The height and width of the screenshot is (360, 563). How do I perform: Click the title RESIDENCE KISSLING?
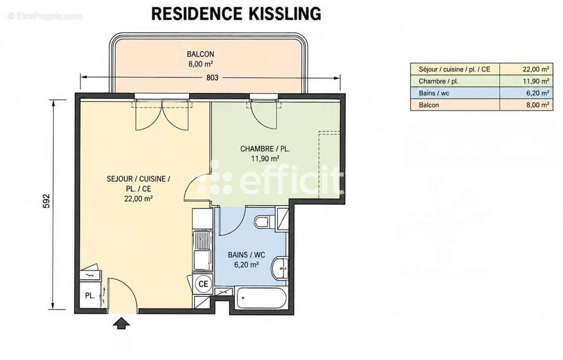click(x=236, y=14)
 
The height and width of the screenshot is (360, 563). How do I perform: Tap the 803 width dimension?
click(x=213, y=78)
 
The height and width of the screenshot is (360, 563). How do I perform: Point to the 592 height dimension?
click(x=46, y=201)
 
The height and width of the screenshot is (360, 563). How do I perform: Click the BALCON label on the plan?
click(x=200, y=54)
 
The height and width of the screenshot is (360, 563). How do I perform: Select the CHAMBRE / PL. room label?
click(x=265, y=149)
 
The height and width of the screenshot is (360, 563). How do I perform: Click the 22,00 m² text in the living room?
click(x=138, y=199)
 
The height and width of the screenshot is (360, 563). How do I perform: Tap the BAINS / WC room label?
click(x=246, y=255)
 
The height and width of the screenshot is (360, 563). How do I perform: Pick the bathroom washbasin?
click(x=280, y=268)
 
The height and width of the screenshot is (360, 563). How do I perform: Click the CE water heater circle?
click(x=203, y=284)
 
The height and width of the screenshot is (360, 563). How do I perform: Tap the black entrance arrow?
click(x=121, y=323)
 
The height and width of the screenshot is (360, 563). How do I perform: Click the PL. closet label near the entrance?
click(x=90, y=296)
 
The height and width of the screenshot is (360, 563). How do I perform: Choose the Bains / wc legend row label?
click(x=434, y=93)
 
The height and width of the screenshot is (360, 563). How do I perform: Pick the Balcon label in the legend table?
click(x=428, y=105)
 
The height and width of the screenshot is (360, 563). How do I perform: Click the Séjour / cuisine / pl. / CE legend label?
click(x=455, y=69)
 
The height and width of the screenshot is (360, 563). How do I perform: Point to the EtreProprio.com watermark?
click(x=45, y=16)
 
